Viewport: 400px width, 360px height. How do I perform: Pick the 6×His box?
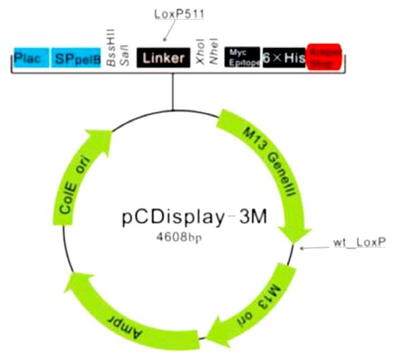pyautogui.click(x=284, y=58)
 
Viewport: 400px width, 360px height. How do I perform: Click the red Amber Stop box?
pyautogui.click(x=324, y=58)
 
